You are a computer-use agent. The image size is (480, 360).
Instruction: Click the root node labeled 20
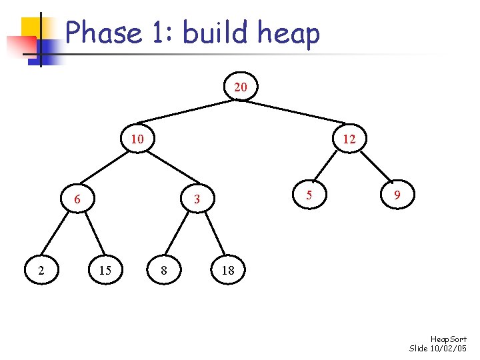(241, 87)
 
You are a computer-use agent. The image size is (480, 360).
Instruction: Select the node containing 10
(137, 139)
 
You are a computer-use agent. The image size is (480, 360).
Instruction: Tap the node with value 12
(349, 139)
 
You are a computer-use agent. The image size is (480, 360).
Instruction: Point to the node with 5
(308, 195)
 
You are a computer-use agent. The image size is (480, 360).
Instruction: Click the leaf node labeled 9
(397, 195)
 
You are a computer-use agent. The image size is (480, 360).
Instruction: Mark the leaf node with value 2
(42, 270)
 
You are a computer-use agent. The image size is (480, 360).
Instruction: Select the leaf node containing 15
(105, 270)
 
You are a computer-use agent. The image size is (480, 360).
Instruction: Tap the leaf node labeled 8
(164, 270)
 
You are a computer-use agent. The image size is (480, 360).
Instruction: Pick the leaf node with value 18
(227, 270)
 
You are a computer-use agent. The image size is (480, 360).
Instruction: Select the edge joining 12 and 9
(373, 167)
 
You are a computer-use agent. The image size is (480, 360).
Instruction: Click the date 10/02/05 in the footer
(450, 349)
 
